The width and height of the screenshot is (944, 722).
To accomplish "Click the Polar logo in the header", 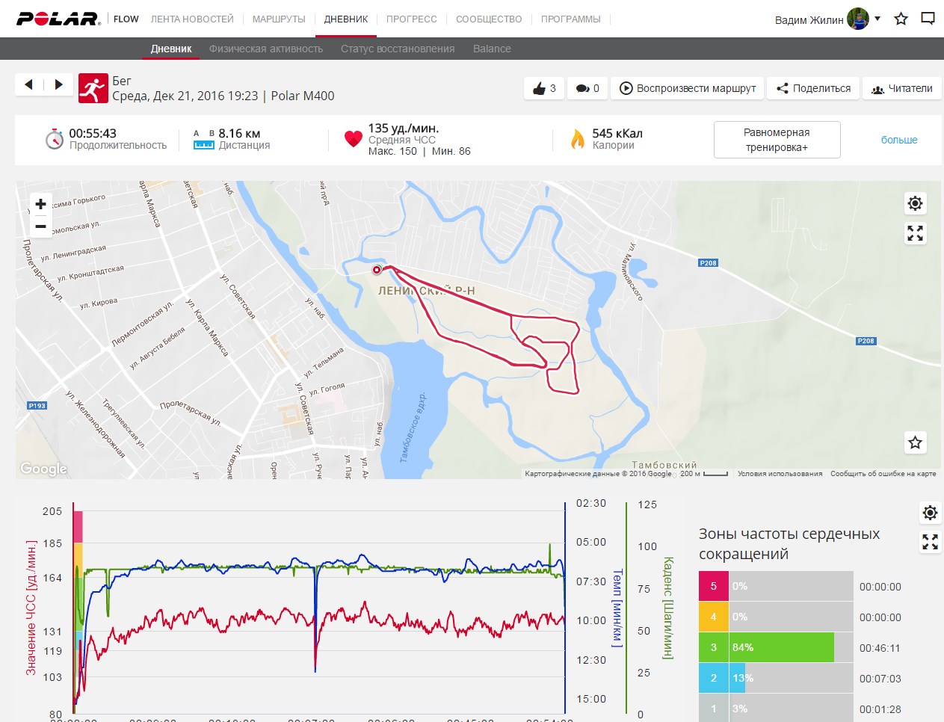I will coord(58,19).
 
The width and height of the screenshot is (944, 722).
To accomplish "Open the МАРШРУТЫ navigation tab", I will coord(279,19).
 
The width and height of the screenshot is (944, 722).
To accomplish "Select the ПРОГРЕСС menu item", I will coord(411,19).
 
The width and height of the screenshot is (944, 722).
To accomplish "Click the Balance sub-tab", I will coord(492,49).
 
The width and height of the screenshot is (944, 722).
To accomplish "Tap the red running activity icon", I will coord(93,88).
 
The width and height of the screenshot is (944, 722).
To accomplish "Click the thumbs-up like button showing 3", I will coord(544,88).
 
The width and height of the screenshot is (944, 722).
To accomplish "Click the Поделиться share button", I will coord(813,88).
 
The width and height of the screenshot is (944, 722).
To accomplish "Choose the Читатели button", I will coord(901,88).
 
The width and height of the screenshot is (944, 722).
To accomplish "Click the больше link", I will coord(899,140).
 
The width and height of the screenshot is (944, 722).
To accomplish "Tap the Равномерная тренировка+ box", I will coord(777,140).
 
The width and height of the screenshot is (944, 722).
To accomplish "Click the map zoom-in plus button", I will coord(40,204).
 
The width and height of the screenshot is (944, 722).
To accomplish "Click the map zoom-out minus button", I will coord(40,226).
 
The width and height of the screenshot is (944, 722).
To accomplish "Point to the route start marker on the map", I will coord(377,270).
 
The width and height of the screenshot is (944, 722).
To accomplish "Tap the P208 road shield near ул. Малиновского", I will coord(708,263).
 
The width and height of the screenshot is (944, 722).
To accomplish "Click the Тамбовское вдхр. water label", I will coord(413,426).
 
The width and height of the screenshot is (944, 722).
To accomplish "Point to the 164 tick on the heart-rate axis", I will coord(52,578).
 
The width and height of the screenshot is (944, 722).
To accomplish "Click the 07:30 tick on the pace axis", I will coord(590,581).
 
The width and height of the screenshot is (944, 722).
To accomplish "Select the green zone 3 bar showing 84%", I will coord(781,647).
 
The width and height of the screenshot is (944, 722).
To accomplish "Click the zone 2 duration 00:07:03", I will coord(880,679).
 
